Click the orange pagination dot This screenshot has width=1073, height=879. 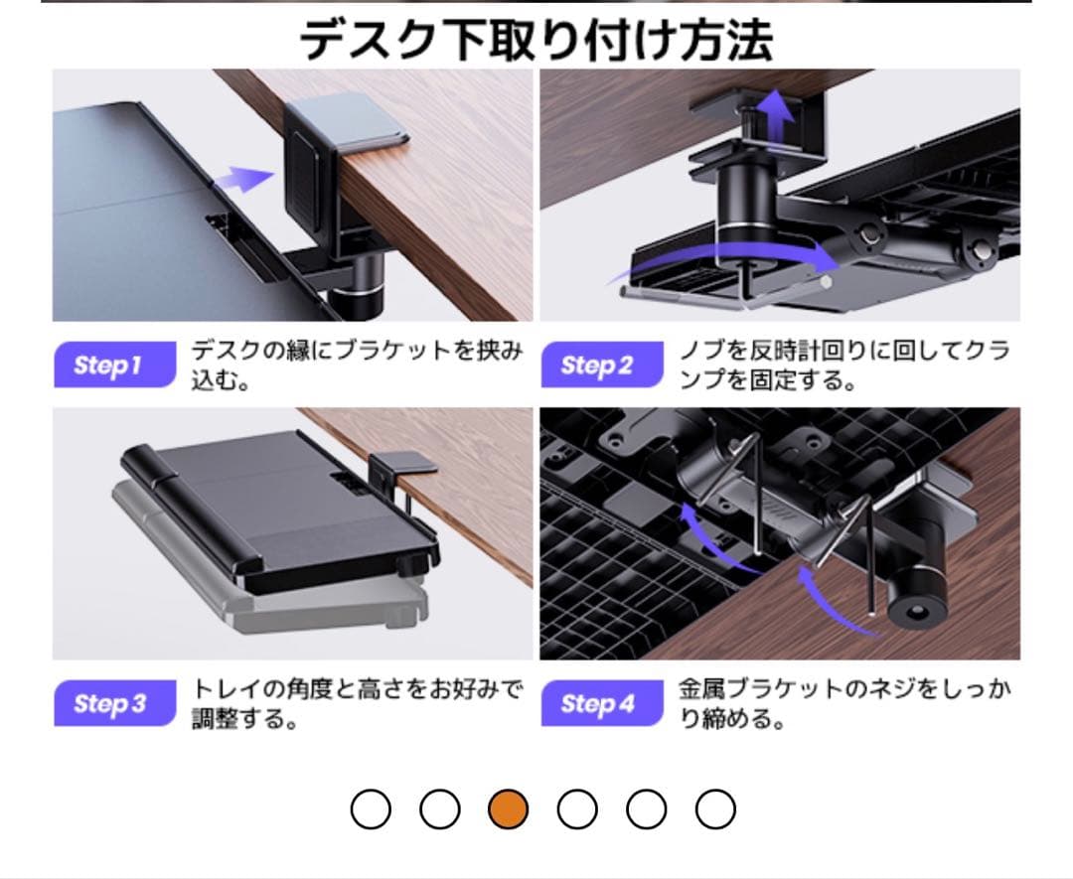tap(509, 809)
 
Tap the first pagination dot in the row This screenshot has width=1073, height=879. tap(372, 809)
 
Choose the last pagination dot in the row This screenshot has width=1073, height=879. tap(714, 809)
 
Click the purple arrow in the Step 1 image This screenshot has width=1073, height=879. tap(243, 180)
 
